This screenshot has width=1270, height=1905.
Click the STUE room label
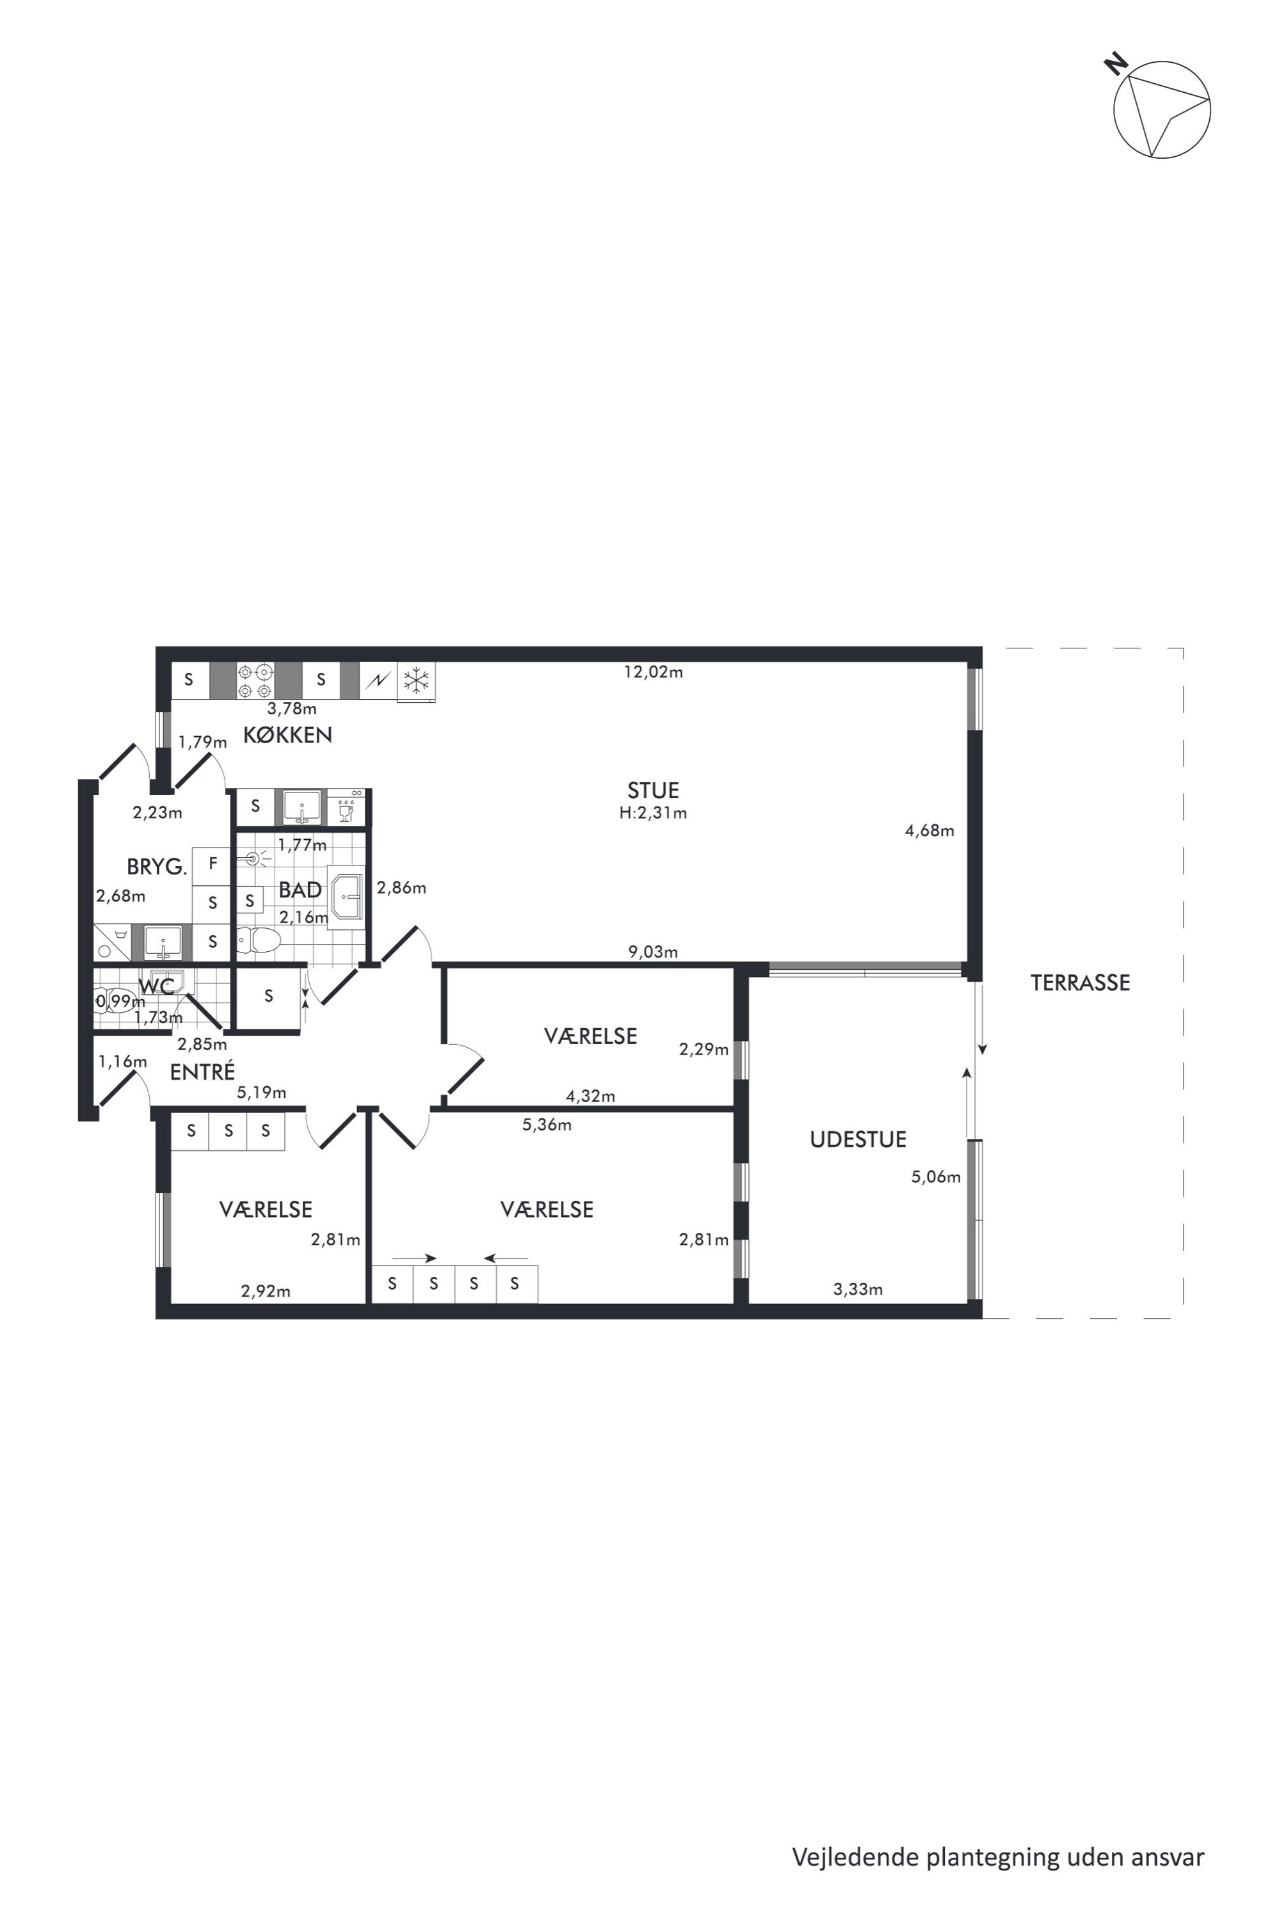point(653,790)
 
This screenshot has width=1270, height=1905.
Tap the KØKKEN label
point(287,735)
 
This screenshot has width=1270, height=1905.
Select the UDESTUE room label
point(858,1139)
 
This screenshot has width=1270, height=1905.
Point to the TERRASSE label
point(1080,983)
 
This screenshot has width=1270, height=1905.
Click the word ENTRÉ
point(202,1071)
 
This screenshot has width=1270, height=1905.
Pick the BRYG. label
point(156,867)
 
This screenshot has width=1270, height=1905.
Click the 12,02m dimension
point(653,671)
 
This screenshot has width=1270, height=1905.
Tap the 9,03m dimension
point(653,952)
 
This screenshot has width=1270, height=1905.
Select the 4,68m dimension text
point(929,830)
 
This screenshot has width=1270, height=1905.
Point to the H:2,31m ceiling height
point(653,812)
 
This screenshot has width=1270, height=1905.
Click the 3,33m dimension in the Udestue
point(858,1289)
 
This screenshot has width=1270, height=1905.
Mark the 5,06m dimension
point(935,1177)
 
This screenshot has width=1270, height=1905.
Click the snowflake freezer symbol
point(416,680)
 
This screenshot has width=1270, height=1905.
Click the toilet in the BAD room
point(259,940)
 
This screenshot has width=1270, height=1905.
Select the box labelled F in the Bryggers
point(213,864)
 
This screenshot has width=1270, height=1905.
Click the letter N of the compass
point(1118,64)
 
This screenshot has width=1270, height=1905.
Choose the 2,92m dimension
point(266,1291)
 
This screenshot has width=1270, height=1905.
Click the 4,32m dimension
point(590,1096)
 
